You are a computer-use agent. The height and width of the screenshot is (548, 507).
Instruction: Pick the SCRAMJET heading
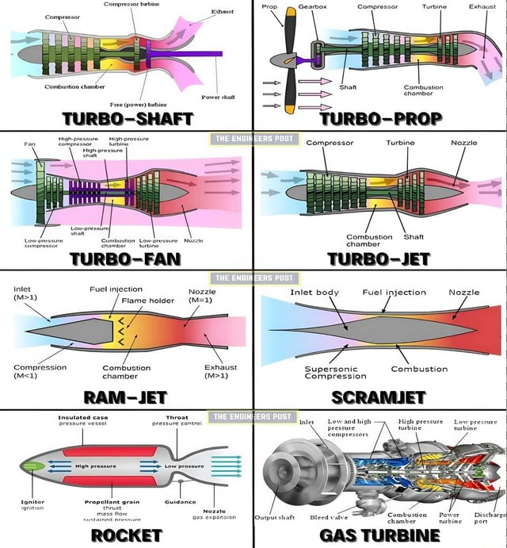(378, 397)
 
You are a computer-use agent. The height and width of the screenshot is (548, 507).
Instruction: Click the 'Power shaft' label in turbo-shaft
(216, 97)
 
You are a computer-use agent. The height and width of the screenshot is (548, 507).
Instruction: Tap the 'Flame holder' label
(147, 301)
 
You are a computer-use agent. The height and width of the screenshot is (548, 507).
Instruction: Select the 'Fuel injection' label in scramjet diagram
(394, 292)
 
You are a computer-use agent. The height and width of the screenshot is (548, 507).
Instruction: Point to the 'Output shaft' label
(274, 517)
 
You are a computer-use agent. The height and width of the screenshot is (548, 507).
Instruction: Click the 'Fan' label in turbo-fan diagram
(29, 144)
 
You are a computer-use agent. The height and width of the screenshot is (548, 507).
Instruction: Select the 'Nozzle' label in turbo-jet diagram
(463, 143)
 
